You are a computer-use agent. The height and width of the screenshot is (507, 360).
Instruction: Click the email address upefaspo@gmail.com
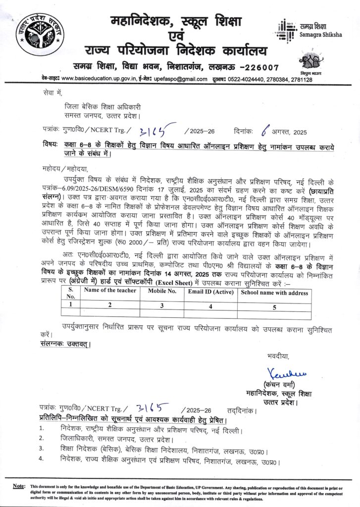(183, 79)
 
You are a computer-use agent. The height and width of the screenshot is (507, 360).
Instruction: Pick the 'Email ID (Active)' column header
(211, 292)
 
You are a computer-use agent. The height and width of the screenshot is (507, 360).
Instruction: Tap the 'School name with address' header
(274, 292)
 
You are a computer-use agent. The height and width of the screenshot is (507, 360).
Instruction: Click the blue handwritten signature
(279, 372)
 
